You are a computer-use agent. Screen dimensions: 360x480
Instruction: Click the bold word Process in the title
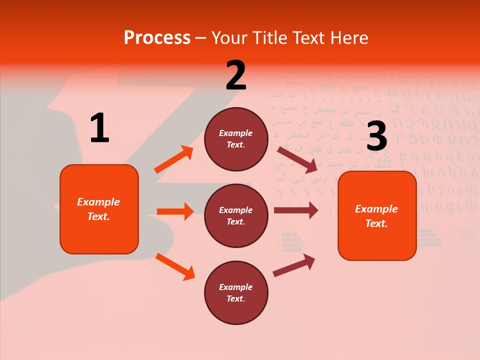tap(157, 38)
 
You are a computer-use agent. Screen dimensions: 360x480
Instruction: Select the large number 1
tap(99, 128)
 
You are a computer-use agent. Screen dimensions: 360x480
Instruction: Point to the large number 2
tap(236, 75)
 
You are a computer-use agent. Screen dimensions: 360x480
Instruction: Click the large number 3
tap(376, 136)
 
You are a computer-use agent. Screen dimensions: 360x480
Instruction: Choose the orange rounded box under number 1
tap(99, 209)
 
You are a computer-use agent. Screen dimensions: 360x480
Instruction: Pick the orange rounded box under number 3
tap(377, 215)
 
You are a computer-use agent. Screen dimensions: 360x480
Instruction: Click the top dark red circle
tap(236, 139)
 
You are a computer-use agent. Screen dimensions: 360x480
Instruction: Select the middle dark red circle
tap(236, 215)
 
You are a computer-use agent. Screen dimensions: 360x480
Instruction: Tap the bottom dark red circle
tap(236, 292)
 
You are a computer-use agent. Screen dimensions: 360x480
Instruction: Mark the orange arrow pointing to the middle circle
tap(175, 211)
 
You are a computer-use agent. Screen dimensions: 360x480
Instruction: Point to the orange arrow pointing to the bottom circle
tap(175, 266)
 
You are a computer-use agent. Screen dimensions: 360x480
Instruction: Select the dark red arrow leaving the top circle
tap(297, 159)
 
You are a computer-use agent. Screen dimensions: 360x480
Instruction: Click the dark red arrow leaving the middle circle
tap(295, 210)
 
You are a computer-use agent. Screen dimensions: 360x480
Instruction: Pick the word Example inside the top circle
tap(236, 133)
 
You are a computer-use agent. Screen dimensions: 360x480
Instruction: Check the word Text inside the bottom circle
tap(235, 298)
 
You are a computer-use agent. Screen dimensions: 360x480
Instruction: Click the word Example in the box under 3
tap(376, 209)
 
